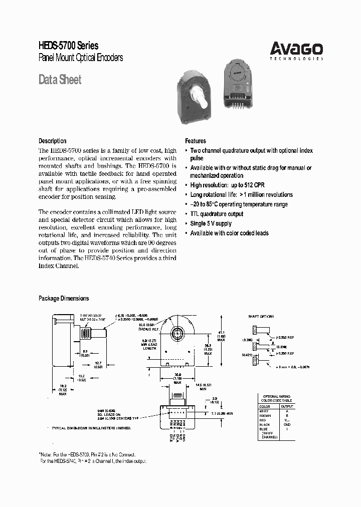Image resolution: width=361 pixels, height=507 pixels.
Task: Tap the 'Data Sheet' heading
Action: coord(60,80)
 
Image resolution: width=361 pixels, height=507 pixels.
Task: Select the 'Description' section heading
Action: coord(52,141)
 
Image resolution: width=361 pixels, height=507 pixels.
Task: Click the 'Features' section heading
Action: coord(196,141)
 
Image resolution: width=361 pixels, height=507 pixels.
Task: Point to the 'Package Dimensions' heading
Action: coord(64,298)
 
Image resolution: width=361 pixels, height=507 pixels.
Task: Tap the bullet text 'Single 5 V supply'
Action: coord(211,223)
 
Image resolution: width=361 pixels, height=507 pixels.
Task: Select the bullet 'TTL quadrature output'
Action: coord(217,214)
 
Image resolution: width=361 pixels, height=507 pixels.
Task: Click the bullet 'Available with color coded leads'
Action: coord(229,233)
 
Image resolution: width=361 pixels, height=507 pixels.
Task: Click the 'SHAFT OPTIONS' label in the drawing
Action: coord(261,317)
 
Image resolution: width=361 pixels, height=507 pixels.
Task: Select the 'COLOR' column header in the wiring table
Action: coord(264,406)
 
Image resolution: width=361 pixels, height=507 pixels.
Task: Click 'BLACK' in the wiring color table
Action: coord(265,424)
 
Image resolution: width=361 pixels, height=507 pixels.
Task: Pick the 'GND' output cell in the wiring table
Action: coord(287,424)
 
